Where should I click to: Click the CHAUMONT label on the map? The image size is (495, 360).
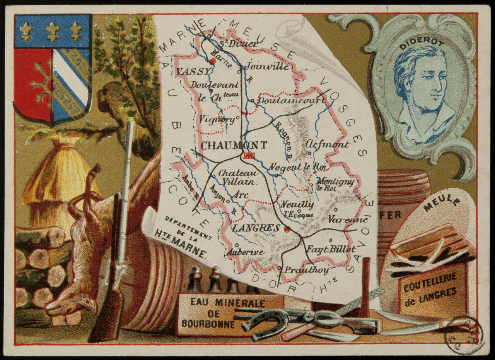click(234, 146)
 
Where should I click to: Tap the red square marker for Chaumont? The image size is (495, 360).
click(248, 156)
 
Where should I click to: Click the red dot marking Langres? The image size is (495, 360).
click(287, 229)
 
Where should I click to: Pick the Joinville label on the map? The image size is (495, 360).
click(267, 66)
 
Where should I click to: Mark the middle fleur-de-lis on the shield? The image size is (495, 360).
click(53, 31)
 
